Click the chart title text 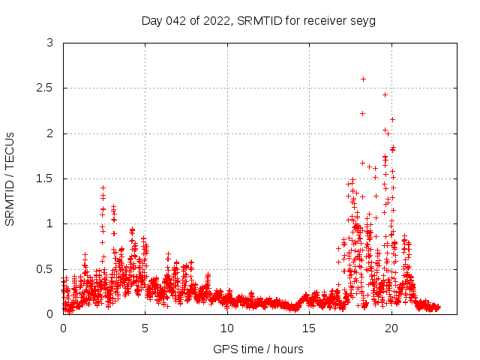click(x=259, y=20)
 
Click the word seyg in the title click(x=364, y=20)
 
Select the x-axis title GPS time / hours click(x=259, y=349)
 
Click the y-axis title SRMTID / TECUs click(x=10, y=178)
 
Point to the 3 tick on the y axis click(x=49, y=43)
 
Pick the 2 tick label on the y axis click(x=49, y=133)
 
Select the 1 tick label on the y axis click(x=49, y=223)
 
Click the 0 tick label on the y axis click(x=49, y=314)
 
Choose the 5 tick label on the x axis click(x=145, y=328)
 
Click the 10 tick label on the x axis click(x=227, y=328)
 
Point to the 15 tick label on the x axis click(x=309, y=328)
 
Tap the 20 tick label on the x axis click(x=391, y=328)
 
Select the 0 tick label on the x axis click(x=63, y=328)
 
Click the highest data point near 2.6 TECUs click(x=363, y=79)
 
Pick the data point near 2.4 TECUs click(x=385, y=94)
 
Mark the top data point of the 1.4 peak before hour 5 click(x=103, y=187)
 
